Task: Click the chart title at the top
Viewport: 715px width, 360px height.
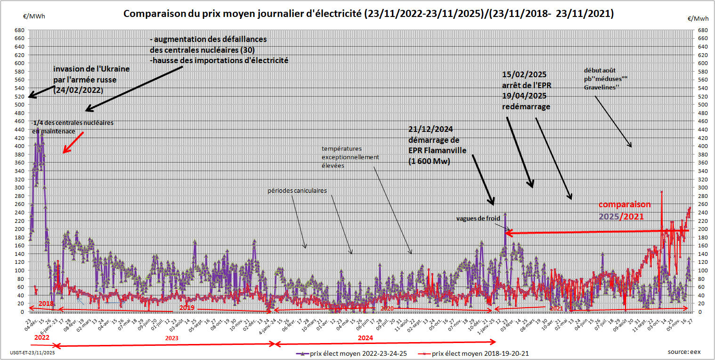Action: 368,14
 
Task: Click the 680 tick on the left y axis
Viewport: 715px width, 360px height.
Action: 20,30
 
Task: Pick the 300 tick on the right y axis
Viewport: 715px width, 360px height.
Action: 702,188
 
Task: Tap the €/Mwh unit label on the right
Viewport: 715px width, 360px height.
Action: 698,19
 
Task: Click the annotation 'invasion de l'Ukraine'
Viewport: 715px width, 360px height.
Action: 91,69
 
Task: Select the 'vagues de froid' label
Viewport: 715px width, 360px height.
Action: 478,219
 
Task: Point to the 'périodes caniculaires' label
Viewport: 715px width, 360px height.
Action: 297,191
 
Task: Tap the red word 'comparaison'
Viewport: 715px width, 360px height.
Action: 625,205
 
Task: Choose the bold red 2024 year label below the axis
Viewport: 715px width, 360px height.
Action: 365,338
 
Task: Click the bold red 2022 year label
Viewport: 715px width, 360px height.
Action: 42,338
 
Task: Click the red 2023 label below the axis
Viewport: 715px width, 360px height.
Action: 171,338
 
